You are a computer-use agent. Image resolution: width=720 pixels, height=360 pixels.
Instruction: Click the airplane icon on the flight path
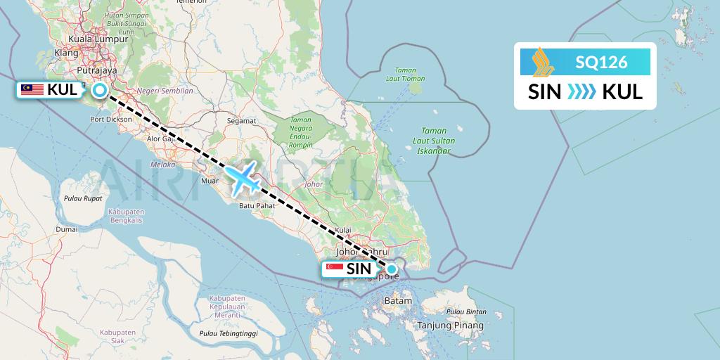pos(243,177)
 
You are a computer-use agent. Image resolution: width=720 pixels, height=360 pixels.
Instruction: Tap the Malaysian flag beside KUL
pos(32,89)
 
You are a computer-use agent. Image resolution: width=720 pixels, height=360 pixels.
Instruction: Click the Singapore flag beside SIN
pos(335,269)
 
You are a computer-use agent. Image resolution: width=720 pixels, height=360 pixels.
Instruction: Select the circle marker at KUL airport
pos(100,90)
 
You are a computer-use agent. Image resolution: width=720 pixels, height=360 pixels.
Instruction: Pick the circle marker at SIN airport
pos(392,269)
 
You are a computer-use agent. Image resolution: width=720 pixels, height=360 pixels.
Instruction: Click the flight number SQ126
pos(601,62)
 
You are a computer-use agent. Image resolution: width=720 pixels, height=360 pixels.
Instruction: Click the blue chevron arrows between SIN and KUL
pos(581,91)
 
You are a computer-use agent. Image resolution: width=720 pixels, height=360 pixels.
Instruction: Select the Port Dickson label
pos(111,120)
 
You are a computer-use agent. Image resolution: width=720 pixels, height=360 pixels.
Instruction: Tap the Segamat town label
pos(241,120)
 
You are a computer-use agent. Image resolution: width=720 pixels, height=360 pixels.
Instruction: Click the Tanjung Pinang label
pos(451,326)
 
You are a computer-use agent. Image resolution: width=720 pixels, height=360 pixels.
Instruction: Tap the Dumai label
pos(67,229)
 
